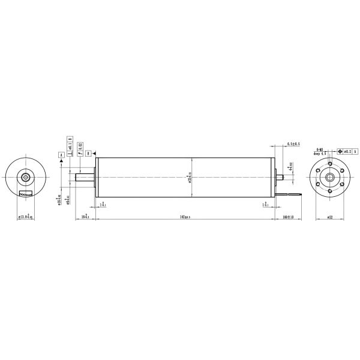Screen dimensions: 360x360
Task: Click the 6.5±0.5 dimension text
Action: pyautogui.click(x=293, y=145)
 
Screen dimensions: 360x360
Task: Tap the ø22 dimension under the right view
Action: pyautogui.click(x=330, y=217)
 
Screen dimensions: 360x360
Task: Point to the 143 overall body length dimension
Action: pyautogui.click(x=185, y=217)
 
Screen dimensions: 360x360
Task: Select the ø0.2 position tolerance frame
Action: pyautogui.click(x=349, y=151)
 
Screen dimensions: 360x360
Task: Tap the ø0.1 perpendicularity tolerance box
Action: pyautogui.click(x=70, y=146)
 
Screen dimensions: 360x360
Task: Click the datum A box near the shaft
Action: pyautogui.click(x=61, y=154)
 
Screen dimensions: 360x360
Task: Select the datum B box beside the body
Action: pyautogui.click(x=88, y=154)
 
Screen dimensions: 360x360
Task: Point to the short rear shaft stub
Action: pyautogui.click(x=277, y=178)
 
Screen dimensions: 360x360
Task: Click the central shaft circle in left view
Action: pyautogui.click(x=26, y=178)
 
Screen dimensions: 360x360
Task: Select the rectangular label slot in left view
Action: pyautogui.click(x=26, y=193)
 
